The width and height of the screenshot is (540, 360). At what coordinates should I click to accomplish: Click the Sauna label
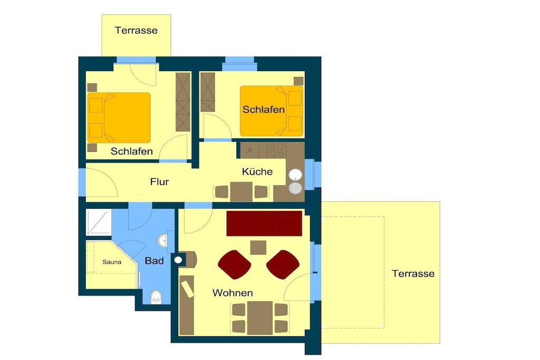pos(112,262)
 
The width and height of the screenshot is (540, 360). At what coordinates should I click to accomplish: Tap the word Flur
pos(159,182)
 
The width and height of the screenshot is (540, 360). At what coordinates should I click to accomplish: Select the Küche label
pos(257,171)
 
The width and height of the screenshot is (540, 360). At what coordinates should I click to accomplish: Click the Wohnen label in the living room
pos(233,293)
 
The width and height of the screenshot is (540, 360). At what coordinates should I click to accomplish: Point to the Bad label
pos(155,261)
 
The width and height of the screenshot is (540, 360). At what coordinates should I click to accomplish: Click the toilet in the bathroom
pos(156,297)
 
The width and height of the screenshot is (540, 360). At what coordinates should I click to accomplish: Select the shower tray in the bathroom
pos(99,222)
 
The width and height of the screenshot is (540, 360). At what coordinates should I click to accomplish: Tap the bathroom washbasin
pos(163,240)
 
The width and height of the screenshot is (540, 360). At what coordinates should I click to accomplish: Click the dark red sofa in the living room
pos(264,223)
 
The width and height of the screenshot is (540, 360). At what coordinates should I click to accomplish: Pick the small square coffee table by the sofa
pos(258,247)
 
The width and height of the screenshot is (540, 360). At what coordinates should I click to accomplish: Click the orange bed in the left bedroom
pos(119,118)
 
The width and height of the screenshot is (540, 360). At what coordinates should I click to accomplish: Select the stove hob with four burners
pos(276,150)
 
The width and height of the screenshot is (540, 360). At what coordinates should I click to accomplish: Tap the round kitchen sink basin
pos(295,175)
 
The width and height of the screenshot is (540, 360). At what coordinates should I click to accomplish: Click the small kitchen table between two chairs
pos(241,192)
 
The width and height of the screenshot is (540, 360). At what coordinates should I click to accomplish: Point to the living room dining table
pos(260,318)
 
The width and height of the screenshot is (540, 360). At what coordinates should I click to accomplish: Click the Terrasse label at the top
pos(136,30)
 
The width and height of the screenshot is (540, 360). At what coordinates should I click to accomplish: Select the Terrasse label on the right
pos(413,274)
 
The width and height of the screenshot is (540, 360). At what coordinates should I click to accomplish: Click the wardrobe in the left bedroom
pos(183,102)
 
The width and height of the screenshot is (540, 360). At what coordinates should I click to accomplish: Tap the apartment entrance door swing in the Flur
pos(102,182)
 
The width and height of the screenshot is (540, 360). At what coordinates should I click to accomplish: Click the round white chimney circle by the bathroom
pos(178,260)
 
